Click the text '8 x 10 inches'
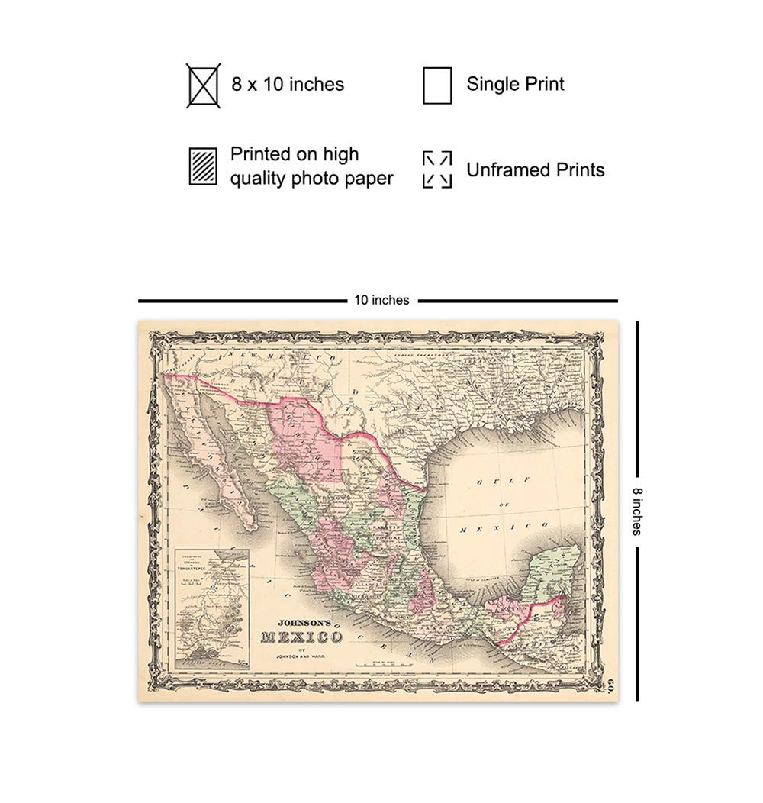[288, 84]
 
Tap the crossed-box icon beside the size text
[203, 85]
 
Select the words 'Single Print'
[515, 84]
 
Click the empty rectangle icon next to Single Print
[437, 85]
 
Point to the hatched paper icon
[203, 166]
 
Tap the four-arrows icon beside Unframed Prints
[437, 169]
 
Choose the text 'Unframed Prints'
[535, 169]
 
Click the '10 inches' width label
[381, 301]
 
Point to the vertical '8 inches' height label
[636, 511]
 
